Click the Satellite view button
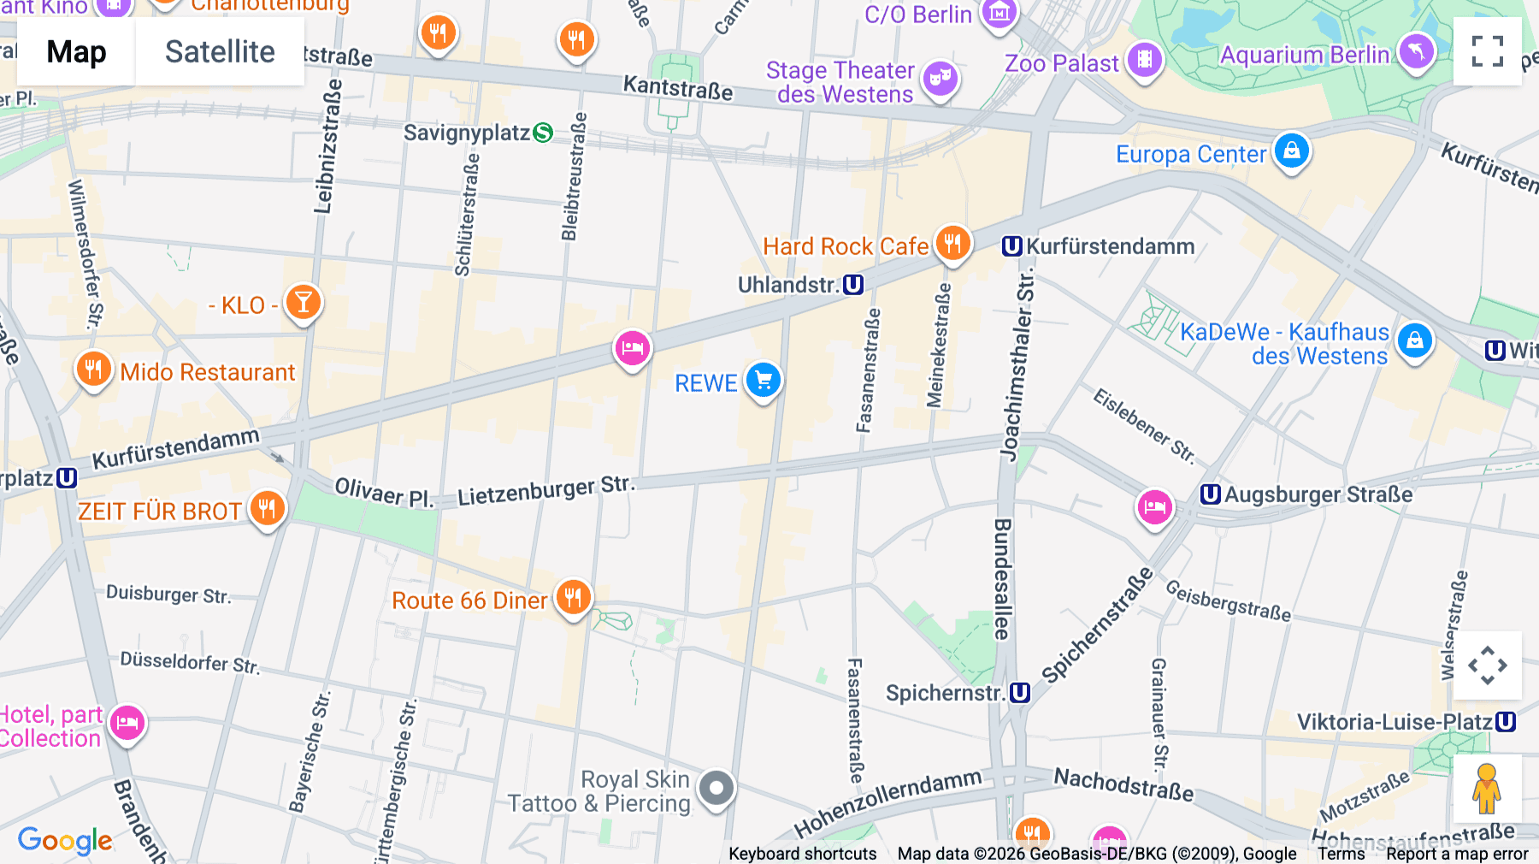tap(220, 52)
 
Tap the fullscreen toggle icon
tap(1487, 51)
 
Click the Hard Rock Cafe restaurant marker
tap(952, 244)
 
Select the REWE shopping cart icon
tap(763, 380)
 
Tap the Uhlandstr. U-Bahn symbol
tap(853, 285)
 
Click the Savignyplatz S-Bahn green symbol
tap(543, 133)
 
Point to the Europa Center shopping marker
tap(1291, 151)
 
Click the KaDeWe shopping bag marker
tap(1414, 341)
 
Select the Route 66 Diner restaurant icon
tap(573, 597)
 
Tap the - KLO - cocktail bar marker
tap(303, 302)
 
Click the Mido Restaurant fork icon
tap(93, 370)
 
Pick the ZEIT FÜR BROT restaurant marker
tap(267, 509)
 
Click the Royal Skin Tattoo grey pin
tap(716, 788)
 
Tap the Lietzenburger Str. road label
tap(546, 491)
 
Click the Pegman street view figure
tap(1486, 789)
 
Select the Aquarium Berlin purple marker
tap(1416, 53)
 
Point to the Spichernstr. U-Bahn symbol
tap(1020, 693)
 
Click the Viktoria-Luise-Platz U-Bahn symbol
tap(1506, 722)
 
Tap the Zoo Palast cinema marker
tap(1144, 60)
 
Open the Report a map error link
tap(1457, 854)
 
